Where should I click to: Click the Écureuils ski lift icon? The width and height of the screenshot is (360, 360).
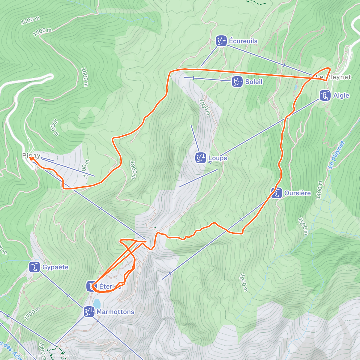click(x=221, y=41)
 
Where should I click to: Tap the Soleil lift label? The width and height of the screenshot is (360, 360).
click(x=253, y=82)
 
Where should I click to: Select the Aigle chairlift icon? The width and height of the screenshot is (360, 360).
click(x=325, y=95)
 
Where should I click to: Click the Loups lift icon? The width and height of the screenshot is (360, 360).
click(x=200, y=158)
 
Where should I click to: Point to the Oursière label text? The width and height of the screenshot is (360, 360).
click(x=297, y=193)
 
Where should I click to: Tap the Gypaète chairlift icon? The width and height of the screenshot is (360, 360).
click(x=35, y=267)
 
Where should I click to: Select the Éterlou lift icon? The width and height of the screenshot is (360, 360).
click(x=90, y=286)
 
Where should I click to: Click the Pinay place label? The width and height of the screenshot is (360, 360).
click(x=31, y=155)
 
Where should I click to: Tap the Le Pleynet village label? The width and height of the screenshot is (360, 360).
click(x=335, y=77)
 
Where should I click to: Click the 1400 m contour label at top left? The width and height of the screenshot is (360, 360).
click(x=30, y=20)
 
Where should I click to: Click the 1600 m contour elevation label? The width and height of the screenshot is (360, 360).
click(x=85, y=77)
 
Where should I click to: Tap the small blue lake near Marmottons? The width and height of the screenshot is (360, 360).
click(x=97, y=303)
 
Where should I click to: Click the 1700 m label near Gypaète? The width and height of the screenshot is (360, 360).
click(x=32, y=313)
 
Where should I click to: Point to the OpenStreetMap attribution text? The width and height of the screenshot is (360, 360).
click(x=63, y=356)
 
